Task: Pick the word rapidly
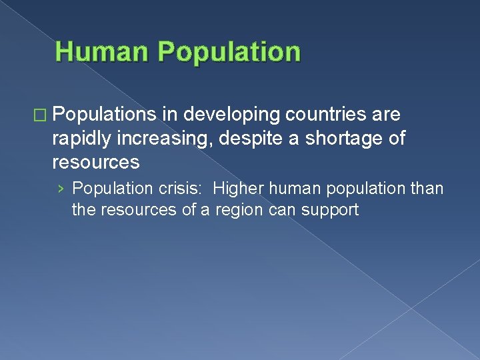click(x=83, y=139)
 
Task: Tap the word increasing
click(x=158, y=139)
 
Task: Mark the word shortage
click(x=323, y=139)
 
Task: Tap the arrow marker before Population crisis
click(x=61, y=189)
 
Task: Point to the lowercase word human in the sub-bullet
click(x=293, y=189)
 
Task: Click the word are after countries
click(x=387, y=115)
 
